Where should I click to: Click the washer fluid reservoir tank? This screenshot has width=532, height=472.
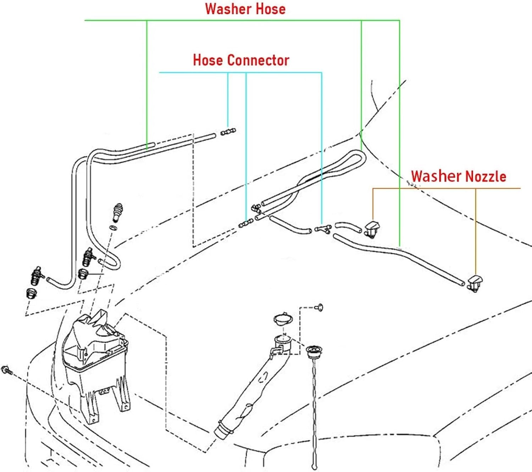96,362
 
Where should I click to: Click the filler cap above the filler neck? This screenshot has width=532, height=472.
283,319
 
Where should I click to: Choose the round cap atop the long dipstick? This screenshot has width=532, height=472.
314,352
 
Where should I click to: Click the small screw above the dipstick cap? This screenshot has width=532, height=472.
319,306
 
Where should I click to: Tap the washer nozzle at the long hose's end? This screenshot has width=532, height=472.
475,282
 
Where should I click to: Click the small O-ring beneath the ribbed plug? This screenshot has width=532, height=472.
112,228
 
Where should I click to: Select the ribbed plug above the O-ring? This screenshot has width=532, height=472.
117,211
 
